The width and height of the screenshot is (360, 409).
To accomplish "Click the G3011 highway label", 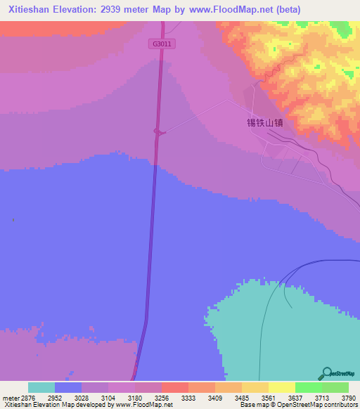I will point(162,44).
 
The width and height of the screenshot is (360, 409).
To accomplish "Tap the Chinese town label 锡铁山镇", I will point(264,122).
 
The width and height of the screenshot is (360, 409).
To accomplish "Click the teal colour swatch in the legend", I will point(41,387).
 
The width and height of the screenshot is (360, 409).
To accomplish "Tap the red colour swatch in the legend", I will point(174,387).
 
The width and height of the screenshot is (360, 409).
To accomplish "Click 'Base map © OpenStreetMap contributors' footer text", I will point(296,405).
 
